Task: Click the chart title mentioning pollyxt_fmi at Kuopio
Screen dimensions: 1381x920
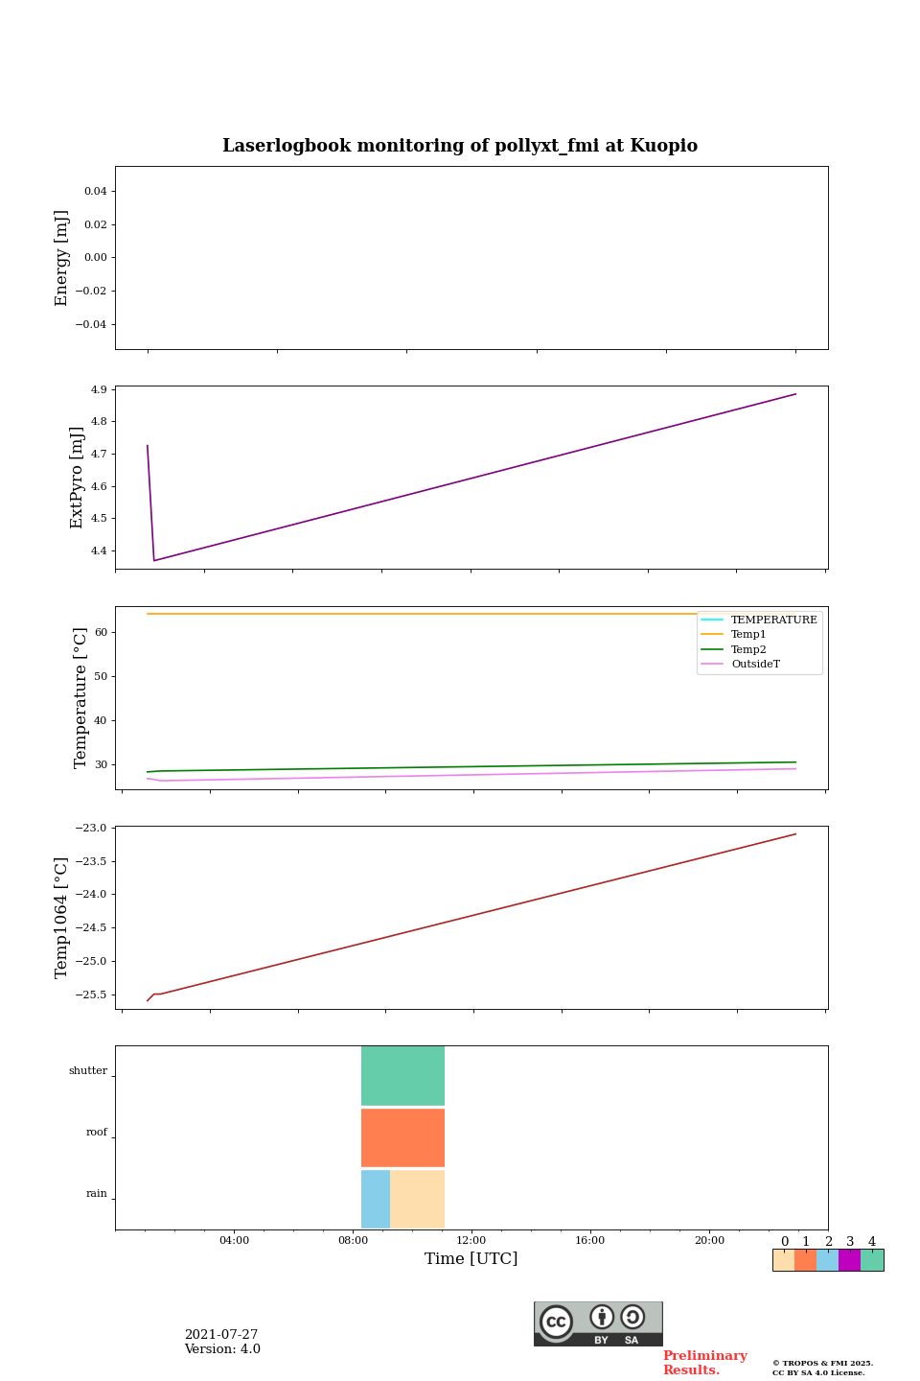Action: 460,146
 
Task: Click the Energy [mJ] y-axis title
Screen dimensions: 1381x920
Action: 62,258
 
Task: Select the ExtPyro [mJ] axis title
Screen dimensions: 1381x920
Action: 78,478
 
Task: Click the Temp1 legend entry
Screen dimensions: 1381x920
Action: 748,635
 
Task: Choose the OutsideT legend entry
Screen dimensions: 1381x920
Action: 755,665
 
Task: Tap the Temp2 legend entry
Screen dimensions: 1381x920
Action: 748,650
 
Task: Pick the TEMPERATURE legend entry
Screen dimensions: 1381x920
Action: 773,620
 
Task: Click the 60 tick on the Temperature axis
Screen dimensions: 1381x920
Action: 101,633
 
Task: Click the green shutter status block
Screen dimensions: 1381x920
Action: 402,1076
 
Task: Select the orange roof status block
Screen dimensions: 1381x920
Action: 402,1137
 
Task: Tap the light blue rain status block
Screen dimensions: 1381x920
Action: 376,1199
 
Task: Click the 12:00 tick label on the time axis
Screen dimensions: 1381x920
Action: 471,1241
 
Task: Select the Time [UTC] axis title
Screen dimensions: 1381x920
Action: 471,1259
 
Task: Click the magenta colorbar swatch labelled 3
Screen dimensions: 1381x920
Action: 849,1260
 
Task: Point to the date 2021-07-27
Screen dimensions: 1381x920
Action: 221,1335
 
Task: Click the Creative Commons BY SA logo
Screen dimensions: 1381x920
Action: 598,1323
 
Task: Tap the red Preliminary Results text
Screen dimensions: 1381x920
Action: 704,1363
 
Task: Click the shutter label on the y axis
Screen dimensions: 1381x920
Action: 88,1071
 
